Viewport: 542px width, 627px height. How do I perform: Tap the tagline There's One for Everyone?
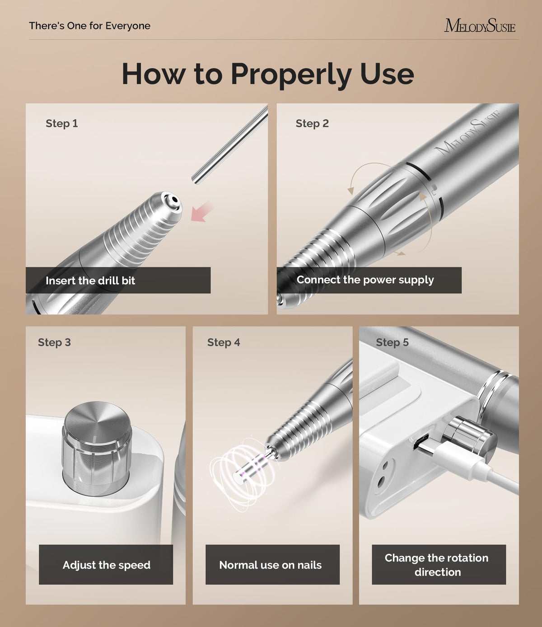(x=89, y=26)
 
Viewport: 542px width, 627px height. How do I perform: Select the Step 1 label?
(x=61, y=123)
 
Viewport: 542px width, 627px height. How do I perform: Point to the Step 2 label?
(x=312, y=123)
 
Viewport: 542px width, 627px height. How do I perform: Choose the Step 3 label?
(x=54, y=342)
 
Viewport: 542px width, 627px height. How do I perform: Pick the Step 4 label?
(x=224, y=342)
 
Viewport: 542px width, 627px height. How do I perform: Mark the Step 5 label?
(x=392, y=342)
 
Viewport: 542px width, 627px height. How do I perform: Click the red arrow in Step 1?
(x=201, y=212)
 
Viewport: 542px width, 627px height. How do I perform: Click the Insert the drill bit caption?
(x=90, y=281)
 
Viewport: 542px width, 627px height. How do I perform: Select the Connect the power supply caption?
(x=365, y=280)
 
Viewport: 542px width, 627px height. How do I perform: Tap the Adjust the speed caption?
(x=107, y=565)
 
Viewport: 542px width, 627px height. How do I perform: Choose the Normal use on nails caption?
(x=270, y=565)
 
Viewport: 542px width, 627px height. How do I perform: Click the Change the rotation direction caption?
(x=437, y=565)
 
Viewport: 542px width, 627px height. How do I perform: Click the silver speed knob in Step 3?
(x=97, y=446)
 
